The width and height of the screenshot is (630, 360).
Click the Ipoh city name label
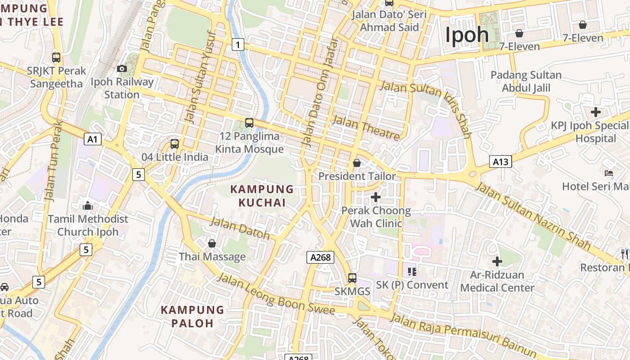click(467, 35)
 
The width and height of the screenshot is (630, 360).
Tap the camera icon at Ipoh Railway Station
click(121, 69)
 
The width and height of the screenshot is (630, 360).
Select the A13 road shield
click(500, 161)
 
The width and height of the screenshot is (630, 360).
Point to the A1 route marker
click(92, 139)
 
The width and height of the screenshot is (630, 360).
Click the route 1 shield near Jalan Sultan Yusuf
click(238, 44)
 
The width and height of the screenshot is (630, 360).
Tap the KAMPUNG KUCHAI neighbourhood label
click(262, 196)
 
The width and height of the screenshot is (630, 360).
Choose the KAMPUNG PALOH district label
click(192, 316)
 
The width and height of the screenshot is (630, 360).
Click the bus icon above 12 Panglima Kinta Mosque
click(249, 122)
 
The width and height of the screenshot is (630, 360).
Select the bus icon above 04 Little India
click(175, 144)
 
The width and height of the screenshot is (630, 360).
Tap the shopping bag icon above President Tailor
click(357, 163)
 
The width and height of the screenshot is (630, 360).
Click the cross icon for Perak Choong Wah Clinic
click(376, 197)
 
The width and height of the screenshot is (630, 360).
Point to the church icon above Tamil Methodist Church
click(88, 206)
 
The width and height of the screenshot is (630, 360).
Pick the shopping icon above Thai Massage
click(212, 243)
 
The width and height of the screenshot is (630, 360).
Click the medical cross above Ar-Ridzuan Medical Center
click(497, 261)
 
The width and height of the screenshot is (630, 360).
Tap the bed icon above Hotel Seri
click(609, 173)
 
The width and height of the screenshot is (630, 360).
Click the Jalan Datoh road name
click(240, 228)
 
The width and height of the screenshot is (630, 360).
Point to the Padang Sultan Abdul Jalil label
click(526, 81)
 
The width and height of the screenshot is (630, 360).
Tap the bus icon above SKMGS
click(352, 278)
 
